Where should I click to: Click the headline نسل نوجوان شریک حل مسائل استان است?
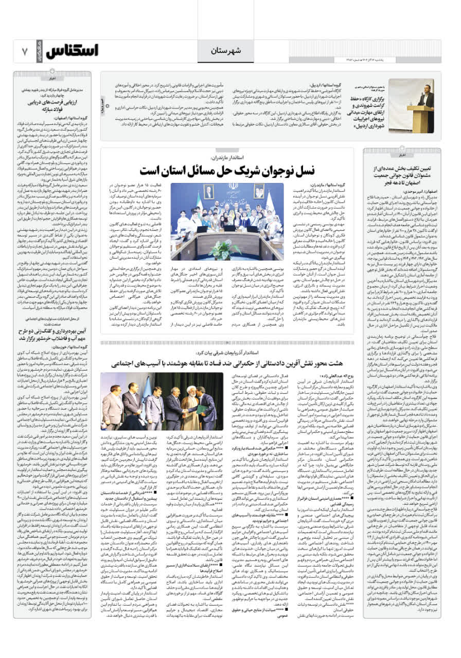click(227, 170)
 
